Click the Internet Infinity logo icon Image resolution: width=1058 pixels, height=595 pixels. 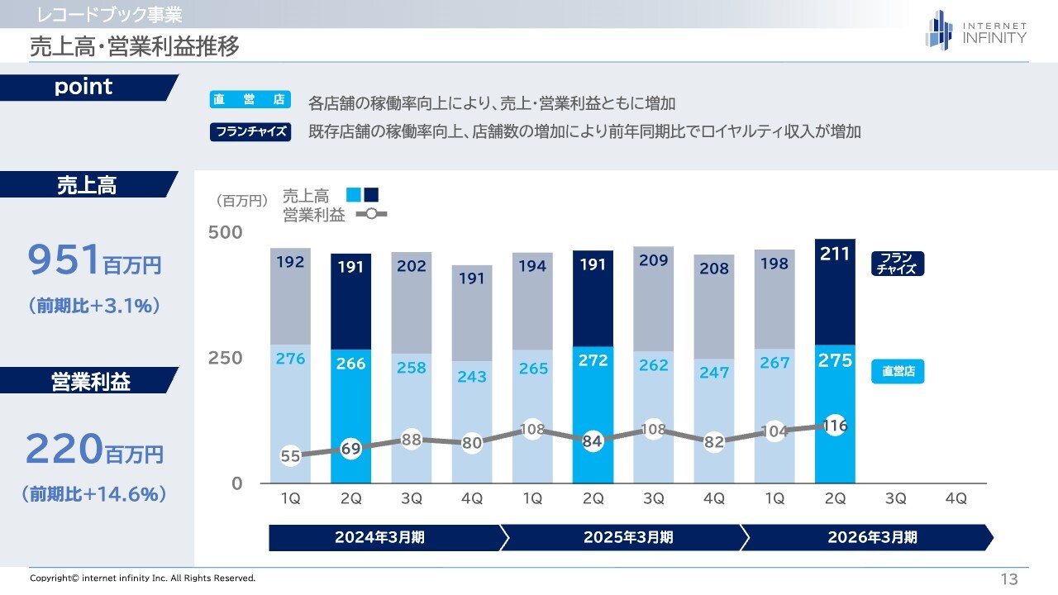(x=939, y=30)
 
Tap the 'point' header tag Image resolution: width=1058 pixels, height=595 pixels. (x=83, y=88)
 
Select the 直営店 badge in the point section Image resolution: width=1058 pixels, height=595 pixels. (x=250, y=100)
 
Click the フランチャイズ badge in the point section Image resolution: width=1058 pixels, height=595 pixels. (x=250, y=132)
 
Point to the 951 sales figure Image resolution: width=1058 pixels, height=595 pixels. (x=64, y=261)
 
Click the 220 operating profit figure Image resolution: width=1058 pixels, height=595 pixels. (x=63, y=450)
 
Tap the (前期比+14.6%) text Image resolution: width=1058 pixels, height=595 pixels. (x=93, y=494)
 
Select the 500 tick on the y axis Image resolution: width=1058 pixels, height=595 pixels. (x=225, y=232)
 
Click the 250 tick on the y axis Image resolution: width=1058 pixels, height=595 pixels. (x=225, y=358)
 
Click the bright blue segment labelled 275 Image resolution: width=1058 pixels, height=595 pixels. (x=835, y=388)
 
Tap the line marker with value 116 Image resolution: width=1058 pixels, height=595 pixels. (x=835, y=426)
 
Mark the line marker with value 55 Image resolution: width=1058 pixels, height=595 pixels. (x=290, y=455)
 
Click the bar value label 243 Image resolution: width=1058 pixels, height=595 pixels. (x=472, y=377)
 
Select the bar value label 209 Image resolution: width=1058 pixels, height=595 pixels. (x=654, y=261)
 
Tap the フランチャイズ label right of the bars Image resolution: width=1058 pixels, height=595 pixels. (x=897, y=264)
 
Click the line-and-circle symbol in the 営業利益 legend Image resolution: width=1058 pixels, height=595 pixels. (x=371, y=214)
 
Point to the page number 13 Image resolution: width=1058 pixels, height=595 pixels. (x=1008, y=578)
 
